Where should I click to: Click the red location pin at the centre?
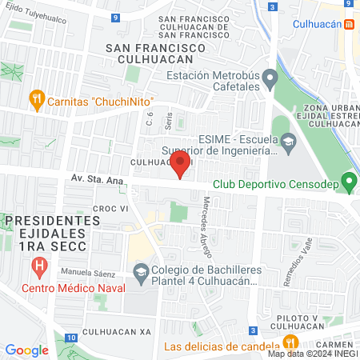tap(180, 166)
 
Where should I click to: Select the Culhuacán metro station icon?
tap(350, 24)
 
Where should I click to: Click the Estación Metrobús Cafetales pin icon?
tap(270, 78)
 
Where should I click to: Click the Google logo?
tap(26, 350)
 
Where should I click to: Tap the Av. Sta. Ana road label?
tap(97, 181)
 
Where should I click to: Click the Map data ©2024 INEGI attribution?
tap(312, 354)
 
